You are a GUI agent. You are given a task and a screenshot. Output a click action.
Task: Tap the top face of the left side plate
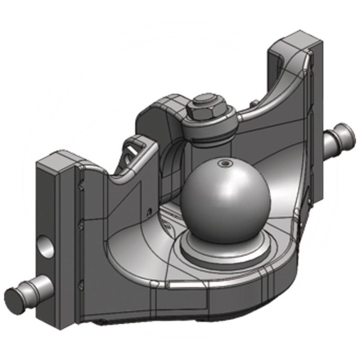pyautogui.click(x=63, y=158)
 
